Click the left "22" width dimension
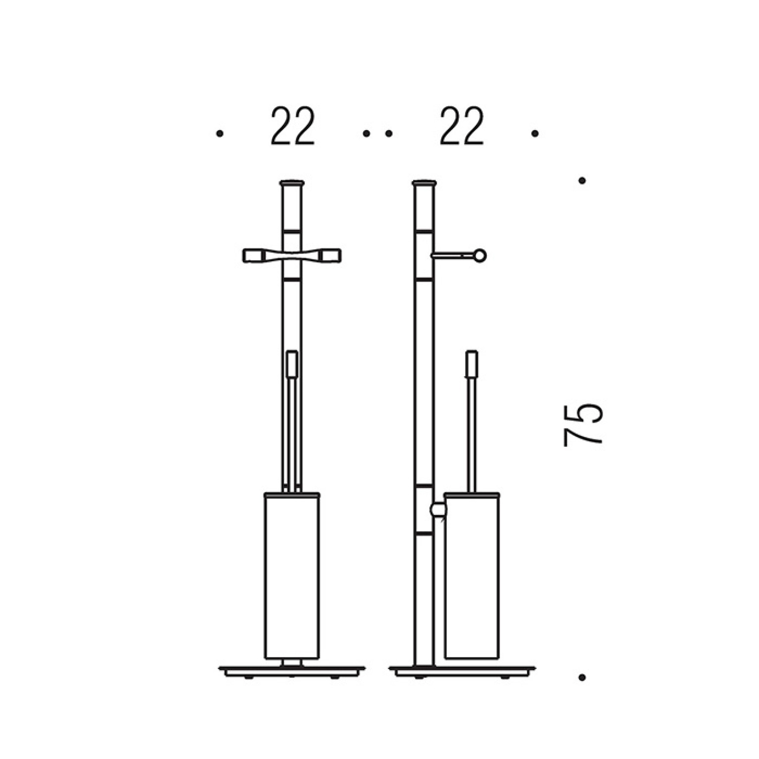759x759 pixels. pos(292,127)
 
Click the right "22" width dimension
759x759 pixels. pos(462,127)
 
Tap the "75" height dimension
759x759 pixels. pos(583,425)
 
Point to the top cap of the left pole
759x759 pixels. pos(292,184)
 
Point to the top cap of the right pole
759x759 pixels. pos(425,184)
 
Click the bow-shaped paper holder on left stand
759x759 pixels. pos(292,256)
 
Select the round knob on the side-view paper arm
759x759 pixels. pos(480,256)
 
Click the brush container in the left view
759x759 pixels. pos(292,576)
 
